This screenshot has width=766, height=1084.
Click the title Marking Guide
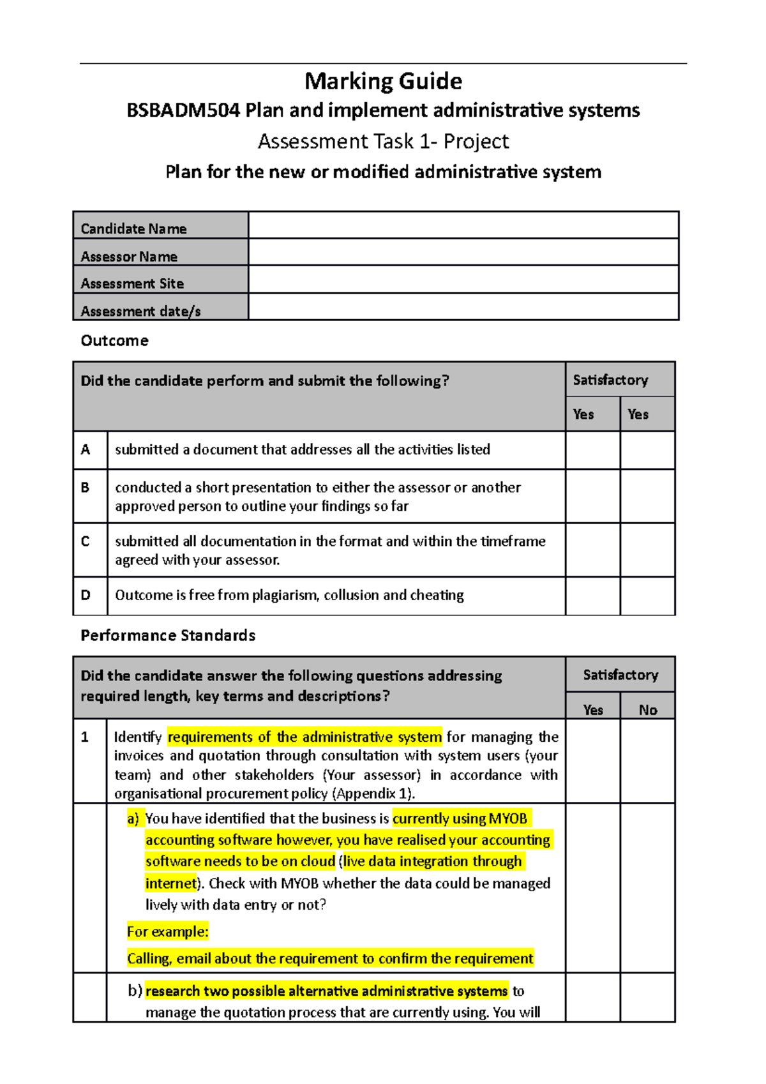[x=383, y=81]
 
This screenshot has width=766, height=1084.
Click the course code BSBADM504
[x=183, y=110]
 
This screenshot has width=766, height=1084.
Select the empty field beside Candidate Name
[x=463, y=225]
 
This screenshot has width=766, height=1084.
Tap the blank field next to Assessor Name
[x=463, y=252]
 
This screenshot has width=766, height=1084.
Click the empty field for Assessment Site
[x=463, y=280]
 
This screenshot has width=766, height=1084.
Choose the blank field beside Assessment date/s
[x=463, y=307]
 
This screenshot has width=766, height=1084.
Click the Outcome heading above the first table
[x=114, y=341]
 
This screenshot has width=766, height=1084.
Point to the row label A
[x=86, y=450]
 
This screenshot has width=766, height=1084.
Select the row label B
[x=86, y=488]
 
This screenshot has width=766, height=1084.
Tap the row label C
[x=86, y=541]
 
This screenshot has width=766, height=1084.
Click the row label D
[x=86, y=595]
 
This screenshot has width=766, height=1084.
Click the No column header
[x=647, y=710]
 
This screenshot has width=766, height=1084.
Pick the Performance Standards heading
[x=168, y=636]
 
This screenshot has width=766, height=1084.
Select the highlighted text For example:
[x=167, y=931]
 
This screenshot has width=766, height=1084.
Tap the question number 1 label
[x=85, y=737]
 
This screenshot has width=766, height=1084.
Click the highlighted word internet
[x=170, y=884]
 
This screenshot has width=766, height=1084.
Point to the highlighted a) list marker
[x=133, y=819]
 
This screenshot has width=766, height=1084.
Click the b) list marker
[x=135, y=991]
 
